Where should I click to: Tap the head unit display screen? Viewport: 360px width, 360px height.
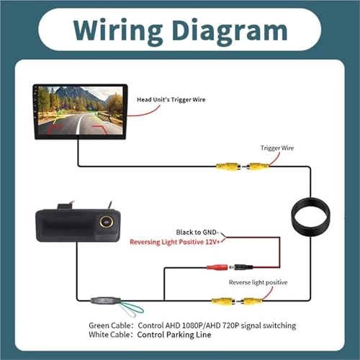tap(80, 112)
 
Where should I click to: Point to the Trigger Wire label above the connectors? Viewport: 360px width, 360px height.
tap(276, 148)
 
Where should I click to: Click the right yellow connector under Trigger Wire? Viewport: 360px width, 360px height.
tap(258, 166)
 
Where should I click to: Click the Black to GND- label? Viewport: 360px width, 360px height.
tap(199, 233)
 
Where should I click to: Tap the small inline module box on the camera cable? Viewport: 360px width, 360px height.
tap(104, 300)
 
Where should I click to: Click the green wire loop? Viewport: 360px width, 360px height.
tap(130, 310)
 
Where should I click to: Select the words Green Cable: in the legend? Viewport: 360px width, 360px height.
tap(110, 325)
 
